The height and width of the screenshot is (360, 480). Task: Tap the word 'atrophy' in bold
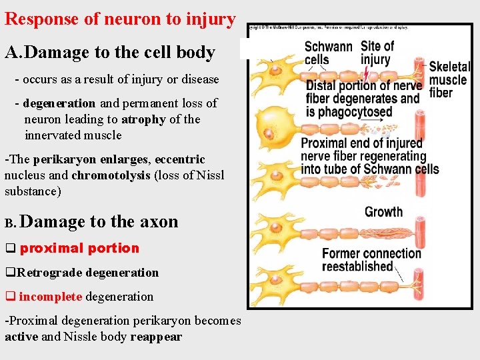[143, 119]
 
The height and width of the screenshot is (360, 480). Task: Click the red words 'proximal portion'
[79, 249]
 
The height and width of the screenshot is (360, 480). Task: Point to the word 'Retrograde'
[49, 273]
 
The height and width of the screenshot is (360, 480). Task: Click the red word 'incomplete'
[51, 297]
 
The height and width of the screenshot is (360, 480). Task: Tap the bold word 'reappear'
[156, 337]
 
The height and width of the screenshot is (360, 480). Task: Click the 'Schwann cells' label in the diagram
[328, 53]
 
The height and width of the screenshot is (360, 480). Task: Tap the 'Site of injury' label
[377, 53]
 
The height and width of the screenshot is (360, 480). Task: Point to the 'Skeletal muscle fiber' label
[449, 79]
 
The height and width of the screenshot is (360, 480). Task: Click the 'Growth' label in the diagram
[383, 212]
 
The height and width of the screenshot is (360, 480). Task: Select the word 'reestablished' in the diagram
[357, 267]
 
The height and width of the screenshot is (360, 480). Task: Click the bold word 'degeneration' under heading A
[59, 103]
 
